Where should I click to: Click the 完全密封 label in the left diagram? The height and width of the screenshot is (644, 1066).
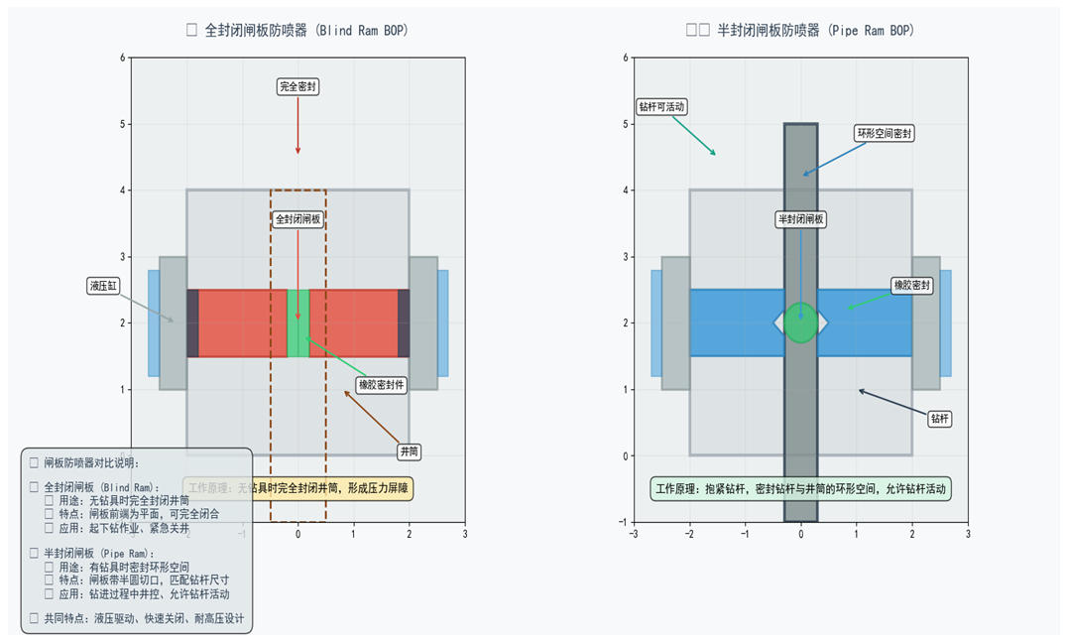(297, 87)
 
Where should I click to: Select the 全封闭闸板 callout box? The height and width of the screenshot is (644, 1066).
(297, 219)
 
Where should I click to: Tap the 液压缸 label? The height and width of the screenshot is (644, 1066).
(104, 286)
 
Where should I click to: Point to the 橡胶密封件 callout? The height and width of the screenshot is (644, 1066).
(382, 385)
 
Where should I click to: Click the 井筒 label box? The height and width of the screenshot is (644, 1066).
(409, 451)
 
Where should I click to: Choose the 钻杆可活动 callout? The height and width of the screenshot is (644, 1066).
(661, 106)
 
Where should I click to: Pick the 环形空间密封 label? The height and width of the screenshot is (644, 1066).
(885, 133)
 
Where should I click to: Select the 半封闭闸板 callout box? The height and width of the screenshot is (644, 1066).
(800, 219)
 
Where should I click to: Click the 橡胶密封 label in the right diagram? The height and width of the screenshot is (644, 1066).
(912, 286)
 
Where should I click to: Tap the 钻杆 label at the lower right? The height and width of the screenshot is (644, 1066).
(939, 419)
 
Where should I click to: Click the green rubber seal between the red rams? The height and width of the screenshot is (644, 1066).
(297, 323)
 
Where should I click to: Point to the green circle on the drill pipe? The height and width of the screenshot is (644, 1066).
(801, 323)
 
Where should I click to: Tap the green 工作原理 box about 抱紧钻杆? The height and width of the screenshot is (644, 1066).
(801, 488)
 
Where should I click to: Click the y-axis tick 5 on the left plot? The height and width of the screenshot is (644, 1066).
(122, 124)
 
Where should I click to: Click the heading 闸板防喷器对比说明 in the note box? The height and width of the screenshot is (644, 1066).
(90, 462)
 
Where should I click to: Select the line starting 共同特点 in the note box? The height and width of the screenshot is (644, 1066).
(142, 617)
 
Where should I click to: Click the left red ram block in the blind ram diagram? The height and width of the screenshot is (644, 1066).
(243, 323)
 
